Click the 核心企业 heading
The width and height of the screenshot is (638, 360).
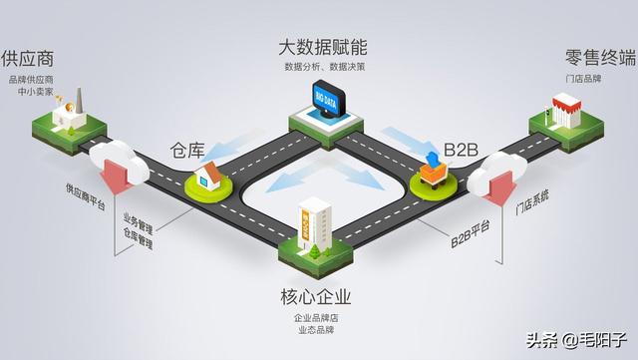[x=318, y=296]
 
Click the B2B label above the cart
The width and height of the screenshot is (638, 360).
[x=462, y=150]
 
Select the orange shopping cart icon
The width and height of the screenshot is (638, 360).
[x=435, y=172]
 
